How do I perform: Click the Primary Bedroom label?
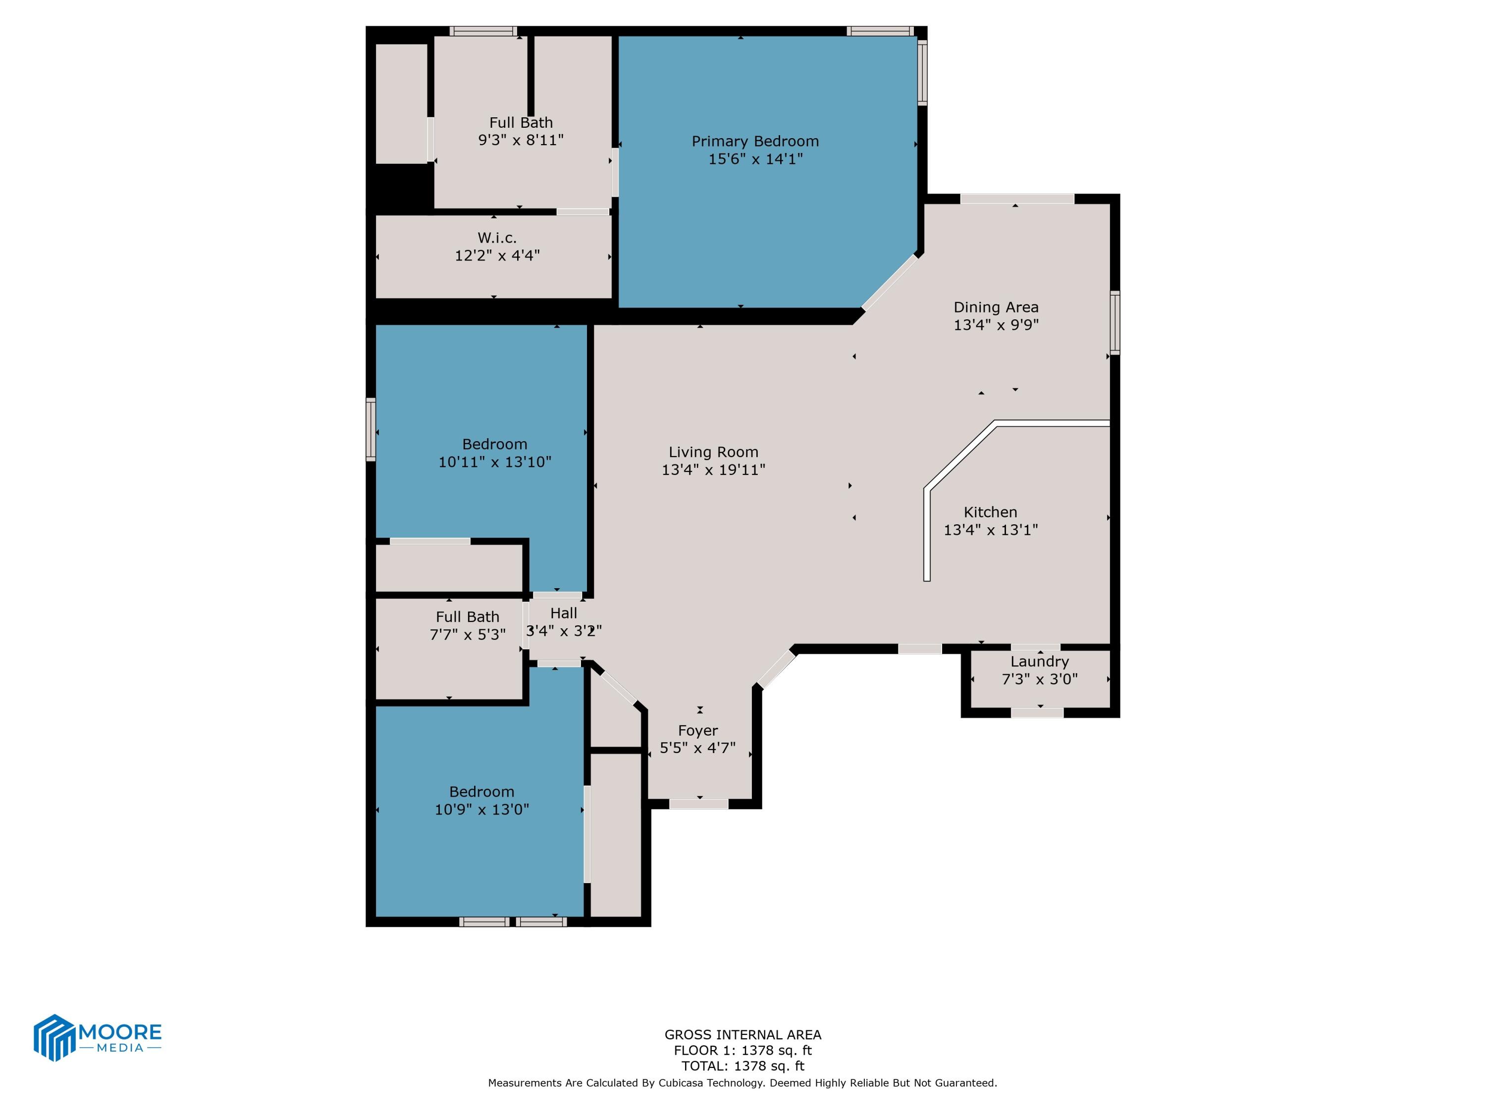[755, 141]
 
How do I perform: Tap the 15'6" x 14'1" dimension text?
[755, 159]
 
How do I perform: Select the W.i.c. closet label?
[497, 238]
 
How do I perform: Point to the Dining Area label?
[996, 307]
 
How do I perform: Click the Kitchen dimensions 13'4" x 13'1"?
[990, 530]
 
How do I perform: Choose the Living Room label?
[713, 453]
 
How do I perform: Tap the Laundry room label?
[1039, 661]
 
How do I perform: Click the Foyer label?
[697, 731]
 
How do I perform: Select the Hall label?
[563, 613]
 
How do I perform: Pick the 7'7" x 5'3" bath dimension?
[468, 635]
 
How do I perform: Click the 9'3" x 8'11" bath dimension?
[521, 140]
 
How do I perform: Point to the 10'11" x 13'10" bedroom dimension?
[494, 462]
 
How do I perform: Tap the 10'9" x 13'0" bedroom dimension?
[481, 810]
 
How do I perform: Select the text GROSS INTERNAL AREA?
[743, 1035]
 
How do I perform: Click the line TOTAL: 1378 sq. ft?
[743, 1065]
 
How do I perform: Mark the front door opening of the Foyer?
[698, 804]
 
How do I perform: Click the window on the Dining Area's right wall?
[1114, 322]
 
